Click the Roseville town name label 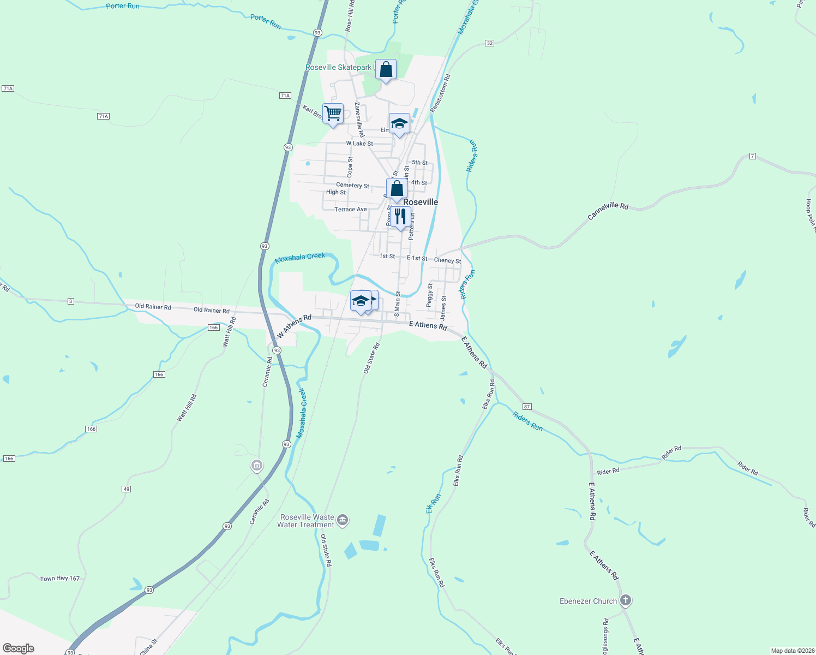click(x=421, y=202)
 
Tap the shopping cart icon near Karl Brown click(x=333, y=114)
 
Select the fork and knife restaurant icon click(x=400, y=217)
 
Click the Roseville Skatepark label click(x=338, y=68)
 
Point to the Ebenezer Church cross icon click(x=626, y=600)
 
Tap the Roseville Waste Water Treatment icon click(x=343, y=520)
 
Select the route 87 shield click(x=527, y=407)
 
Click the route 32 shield click(x=489, y=43)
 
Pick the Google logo click(x=19, y=648)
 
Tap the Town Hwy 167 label click(x=60, y=579)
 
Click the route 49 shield click(x=127, y=489)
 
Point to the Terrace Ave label click(x=351, y=210)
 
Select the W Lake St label click(x=359, y=144)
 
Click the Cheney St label click(x=447, y=260)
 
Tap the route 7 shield click(x=753, y=157)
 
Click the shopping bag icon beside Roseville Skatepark click(x=386, y=70)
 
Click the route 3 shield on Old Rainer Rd click(x=71, y=301)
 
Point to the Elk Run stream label click(x=433, y=504)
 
